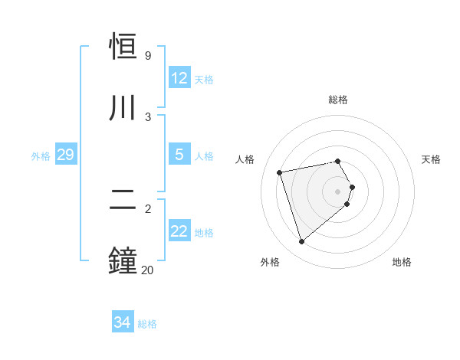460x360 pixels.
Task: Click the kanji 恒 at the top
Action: coord(123,47)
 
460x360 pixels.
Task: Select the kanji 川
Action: coord(123,108)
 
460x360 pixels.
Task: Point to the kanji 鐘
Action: coord(123,260)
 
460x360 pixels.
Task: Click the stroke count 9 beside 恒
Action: coord(148,56)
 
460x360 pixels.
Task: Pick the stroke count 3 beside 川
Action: coord(148,116)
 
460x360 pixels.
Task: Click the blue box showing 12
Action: coord(179,78)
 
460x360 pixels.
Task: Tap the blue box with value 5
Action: coord(179,155)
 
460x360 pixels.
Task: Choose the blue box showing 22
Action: coord(179,231)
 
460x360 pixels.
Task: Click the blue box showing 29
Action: coord(65,155)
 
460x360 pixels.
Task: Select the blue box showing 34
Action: coord(123,323)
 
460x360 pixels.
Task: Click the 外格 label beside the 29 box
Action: coord(41,156)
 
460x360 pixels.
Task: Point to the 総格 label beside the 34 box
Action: coord(147,324)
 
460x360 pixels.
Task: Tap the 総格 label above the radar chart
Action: coord(338,100)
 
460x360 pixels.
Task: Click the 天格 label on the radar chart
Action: coord(432,159)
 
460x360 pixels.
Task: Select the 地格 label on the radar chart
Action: coord(402,262)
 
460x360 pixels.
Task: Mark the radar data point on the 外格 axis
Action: coord(301,242)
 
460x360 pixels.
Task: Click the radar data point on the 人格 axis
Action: coord(280,172)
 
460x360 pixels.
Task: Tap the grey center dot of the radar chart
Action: coord(338,191)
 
